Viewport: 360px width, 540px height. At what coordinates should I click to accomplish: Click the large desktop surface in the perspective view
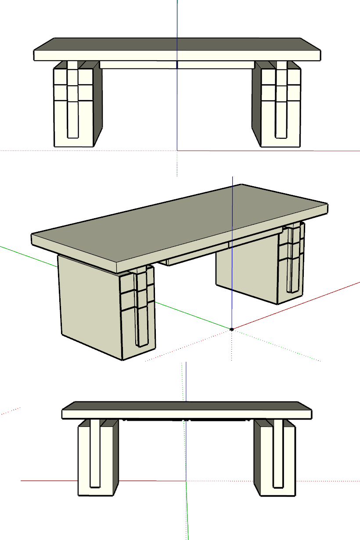pos(176,220)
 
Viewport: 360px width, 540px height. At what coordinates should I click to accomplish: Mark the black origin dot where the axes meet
pos(232,329)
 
